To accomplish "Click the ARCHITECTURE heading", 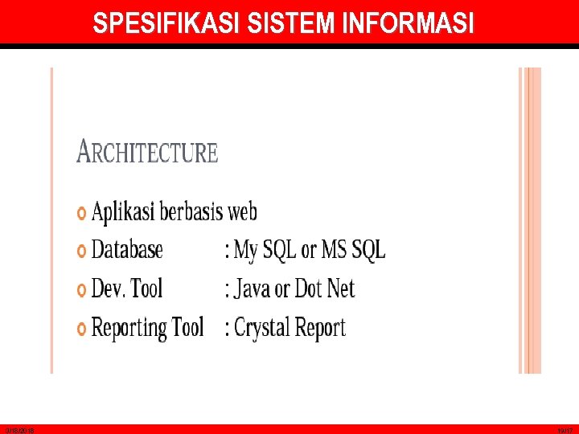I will [147, 152].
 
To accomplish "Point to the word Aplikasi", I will [123, 212].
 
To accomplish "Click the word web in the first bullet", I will [242, 212].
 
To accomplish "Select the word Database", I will [127, 250].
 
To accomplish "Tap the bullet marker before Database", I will [81, 251].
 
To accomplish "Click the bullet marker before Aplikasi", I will [81, 213].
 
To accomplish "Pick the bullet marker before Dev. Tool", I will [81, 289].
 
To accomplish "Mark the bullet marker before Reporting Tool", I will [81, 329].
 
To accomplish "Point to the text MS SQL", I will [354, 250].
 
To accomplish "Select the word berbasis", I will [191, 212].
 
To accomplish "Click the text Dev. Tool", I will [127, 289].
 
